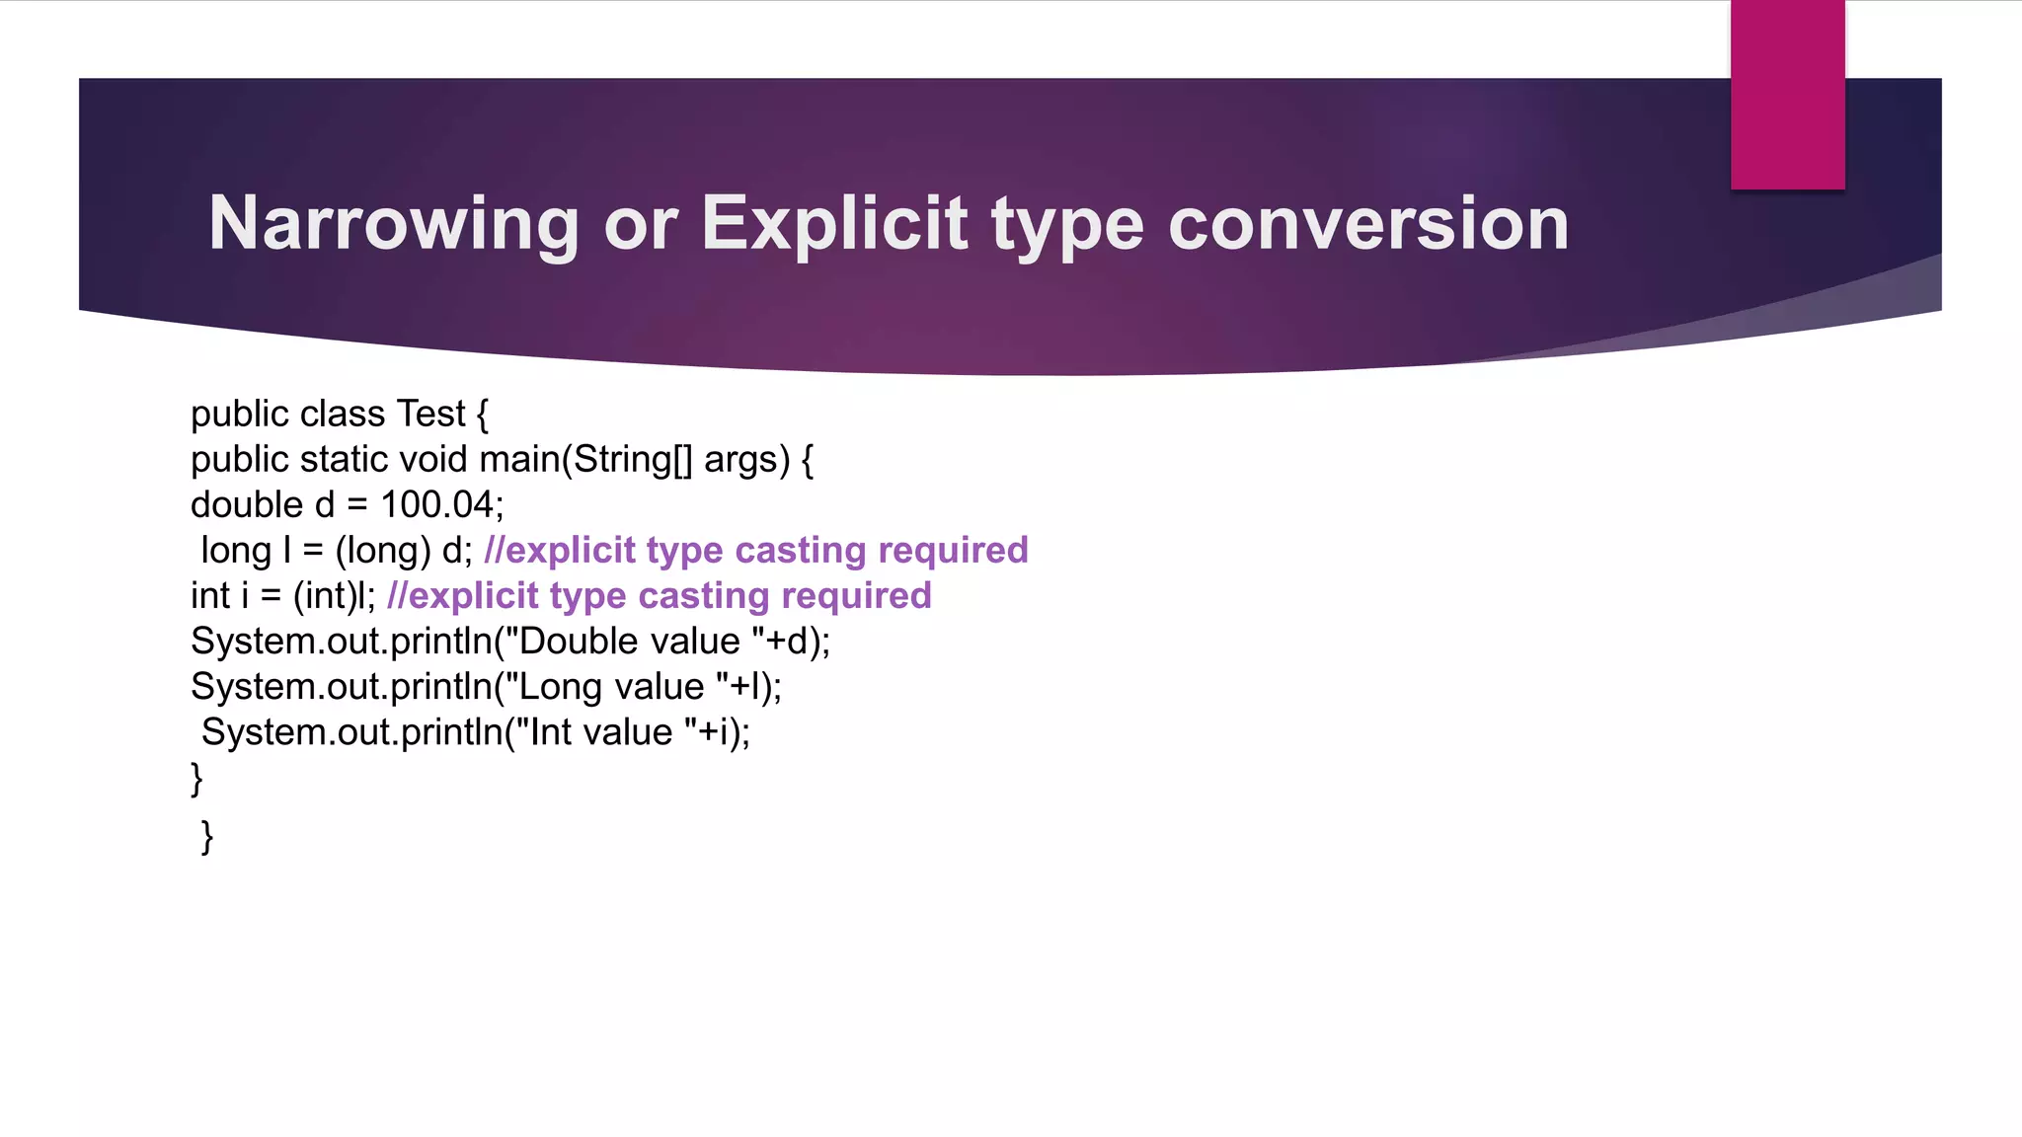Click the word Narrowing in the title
point(393,225)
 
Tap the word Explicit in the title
point(834,225)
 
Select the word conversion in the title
point(1368,225)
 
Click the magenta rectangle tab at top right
point(1787,95)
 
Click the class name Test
point(430,414)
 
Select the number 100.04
point(436,504)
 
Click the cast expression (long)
point(383,551)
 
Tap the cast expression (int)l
point(332,596)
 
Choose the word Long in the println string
point(562,687)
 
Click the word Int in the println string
point(551,732)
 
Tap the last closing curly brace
point(206,836)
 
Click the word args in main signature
point(740,459)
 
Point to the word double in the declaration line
point(247,504)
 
